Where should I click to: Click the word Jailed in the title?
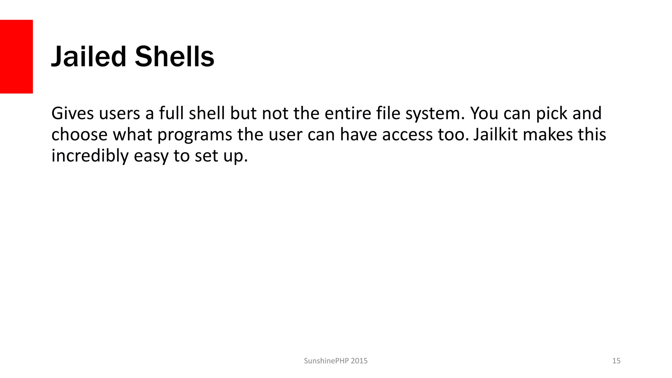(89, 57)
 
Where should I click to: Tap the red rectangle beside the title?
(16, 56)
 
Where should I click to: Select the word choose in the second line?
(79, 135)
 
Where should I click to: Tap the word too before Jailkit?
(453, 135)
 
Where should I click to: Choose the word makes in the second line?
(548, 134)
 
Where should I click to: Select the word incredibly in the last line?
(90, 156)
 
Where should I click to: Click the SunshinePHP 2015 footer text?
(336, 361)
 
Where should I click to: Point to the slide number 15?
(616, 361)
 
